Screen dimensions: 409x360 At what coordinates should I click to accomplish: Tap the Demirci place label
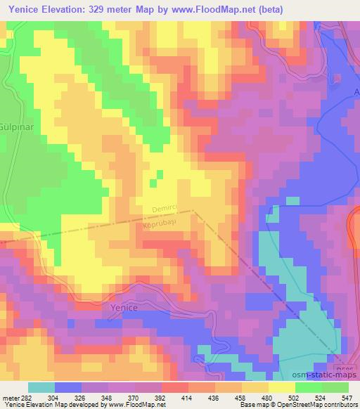click(167, 209)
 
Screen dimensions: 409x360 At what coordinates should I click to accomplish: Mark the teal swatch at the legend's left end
click(41, 388)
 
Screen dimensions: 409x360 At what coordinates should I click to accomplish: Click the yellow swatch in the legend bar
click(282, 388)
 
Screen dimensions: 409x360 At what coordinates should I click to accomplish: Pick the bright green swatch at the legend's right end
click(335, 388)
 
